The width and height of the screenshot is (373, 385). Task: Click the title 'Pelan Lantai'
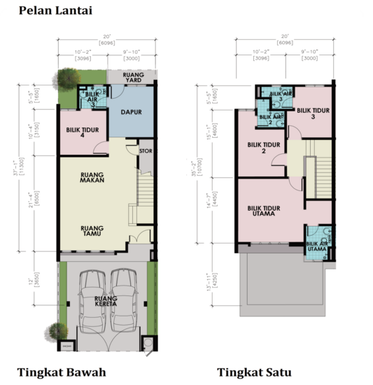click(x=55, y=10)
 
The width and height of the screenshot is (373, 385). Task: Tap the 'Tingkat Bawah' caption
click(x=62, y=372)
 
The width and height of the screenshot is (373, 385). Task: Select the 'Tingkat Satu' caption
click(x=253, y=372)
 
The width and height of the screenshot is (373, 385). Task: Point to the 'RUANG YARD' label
click(x=133, y=77)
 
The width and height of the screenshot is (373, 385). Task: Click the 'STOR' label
click(x=146, y=149)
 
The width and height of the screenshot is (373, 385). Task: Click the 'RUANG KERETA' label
click(x=106, y=303)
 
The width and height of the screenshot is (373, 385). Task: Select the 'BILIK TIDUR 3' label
click(x=311, y=113)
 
